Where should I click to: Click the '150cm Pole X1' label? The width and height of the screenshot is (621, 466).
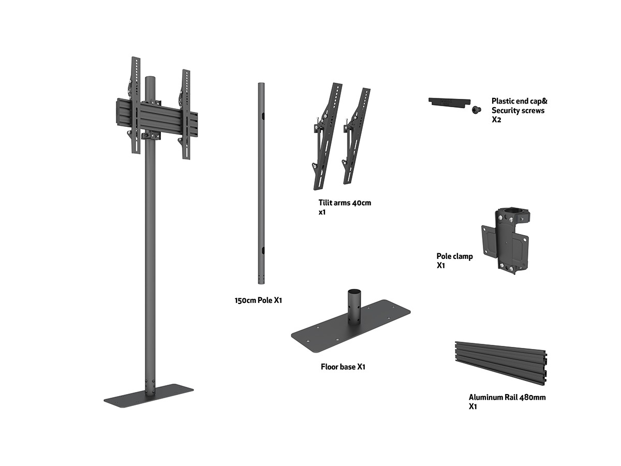pyautogui.click(x=258, y=300)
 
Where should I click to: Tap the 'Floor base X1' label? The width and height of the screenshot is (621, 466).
pyautogui.click(x=343, y=367)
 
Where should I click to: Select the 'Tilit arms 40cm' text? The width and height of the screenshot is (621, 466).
pyautogui.click(x=345, y=202)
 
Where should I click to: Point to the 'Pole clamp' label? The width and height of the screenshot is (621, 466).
pyautogui.click(x=454, y=256)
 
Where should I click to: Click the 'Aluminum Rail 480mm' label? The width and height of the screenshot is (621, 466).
pyautogui.click(x=507, y=398)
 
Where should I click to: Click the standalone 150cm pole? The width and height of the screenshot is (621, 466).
pyautogui.click(x=261, y=181)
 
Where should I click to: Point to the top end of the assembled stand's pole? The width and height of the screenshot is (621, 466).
pyautogui.click(x=150, y=79)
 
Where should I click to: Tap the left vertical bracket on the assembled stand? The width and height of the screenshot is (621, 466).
pyautogui.click(x=135, y=104)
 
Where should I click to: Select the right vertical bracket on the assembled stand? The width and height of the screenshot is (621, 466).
pyautogui.click(x=185, y=114)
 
